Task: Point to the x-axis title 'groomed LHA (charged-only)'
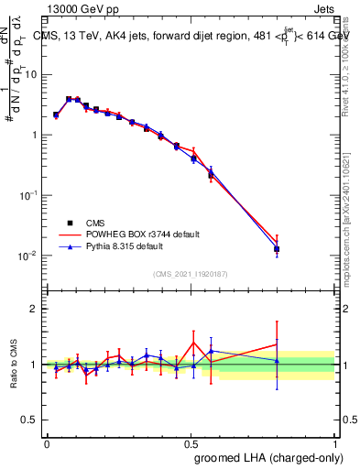click(270, 457)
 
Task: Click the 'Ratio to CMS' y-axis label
click(13, 364)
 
